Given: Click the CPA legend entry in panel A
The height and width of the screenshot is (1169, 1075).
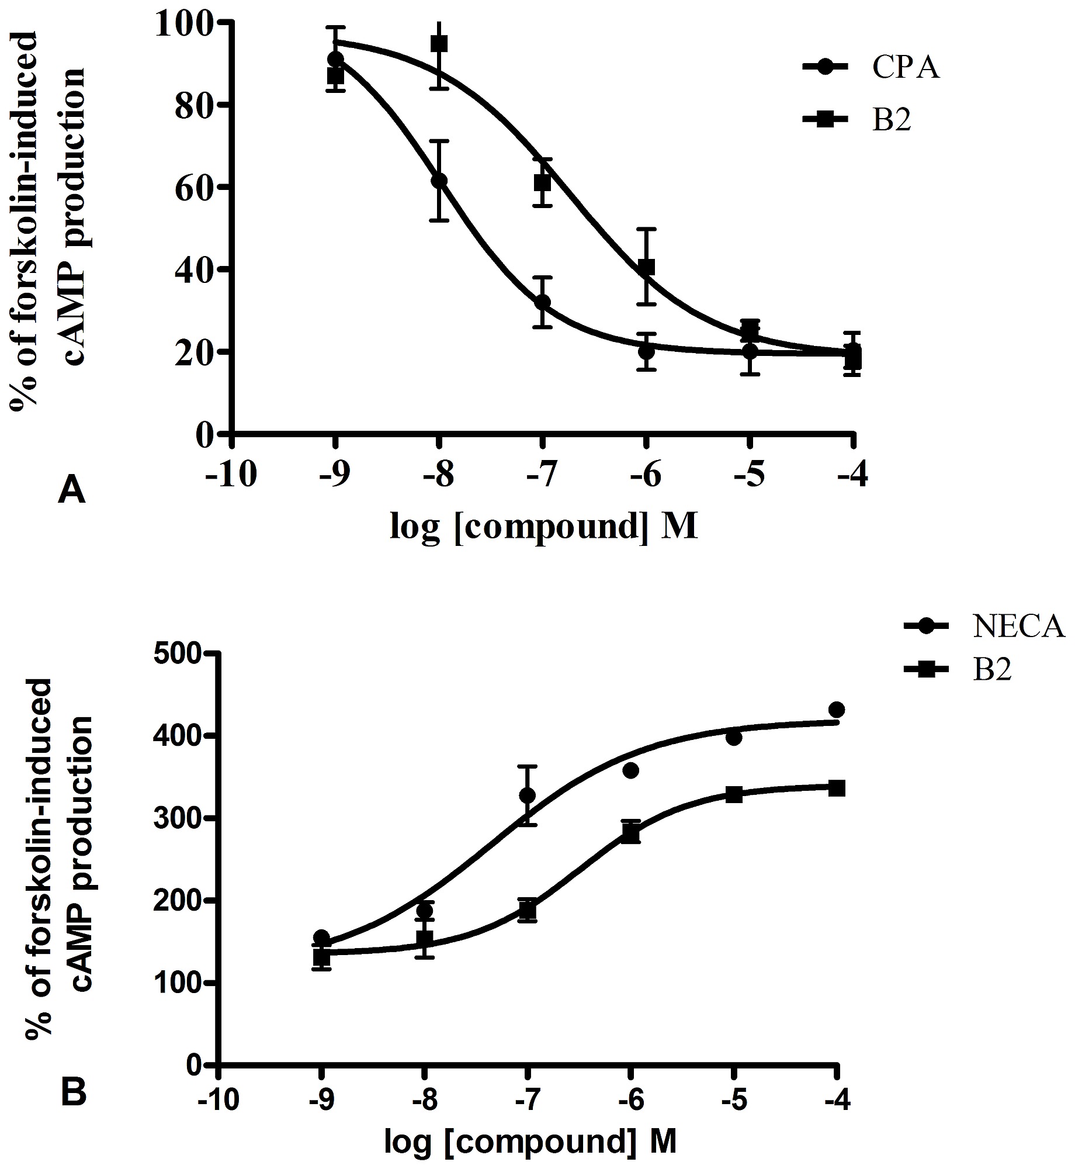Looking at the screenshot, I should point(871,68).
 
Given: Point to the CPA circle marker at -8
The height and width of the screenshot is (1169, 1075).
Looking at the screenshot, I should point(439,181).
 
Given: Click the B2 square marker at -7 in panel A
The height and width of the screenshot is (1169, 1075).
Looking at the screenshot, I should point(543,183).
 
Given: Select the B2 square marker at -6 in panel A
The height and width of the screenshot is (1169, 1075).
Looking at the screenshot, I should point(646,267).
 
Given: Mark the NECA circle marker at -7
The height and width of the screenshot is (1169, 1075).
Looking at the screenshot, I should point(528,796).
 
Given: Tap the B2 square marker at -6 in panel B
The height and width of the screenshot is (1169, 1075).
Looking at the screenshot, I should point(631,832).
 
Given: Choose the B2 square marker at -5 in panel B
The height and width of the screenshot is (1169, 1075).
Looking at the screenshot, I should point(734,795).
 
